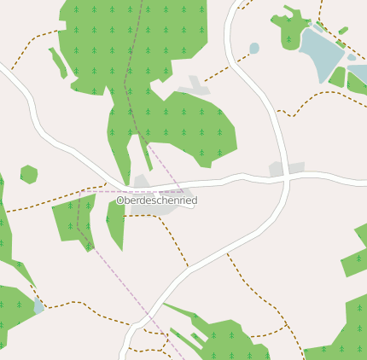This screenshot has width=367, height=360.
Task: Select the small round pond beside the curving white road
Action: tap(254, 48)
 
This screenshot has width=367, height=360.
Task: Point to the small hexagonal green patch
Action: tap(29, 174)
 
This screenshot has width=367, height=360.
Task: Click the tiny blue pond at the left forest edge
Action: tap(38, 306)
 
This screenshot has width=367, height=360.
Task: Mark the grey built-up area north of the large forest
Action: tap(195, 86)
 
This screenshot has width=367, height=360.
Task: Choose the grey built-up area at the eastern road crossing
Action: tap(287, 169)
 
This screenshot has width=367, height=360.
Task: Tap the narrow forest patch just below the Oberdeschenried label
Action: tap(115, 224)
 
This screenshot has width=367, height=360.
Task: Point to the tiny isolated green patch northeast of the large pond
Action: tap(343, 32)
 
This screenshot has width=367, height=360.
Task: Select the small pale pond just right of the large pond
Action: tap(352, 58)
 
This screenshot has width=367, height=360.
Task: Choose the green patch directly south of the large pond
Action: tap(338, 78)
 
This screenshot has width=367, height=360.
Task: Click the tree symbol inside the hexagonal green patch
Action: tap(29, 174)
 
